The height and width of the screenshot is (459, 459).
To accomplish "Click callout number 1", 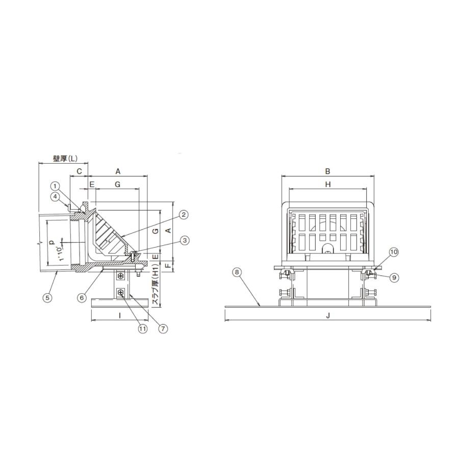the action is point(55,186).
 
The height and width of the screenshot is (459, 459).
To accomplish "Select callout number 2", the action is point(183,215).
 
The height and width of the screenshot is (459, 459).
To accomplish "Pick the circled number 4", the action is point(55,197).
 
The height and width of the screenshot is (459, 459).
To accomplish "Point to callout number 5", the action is point(47,298).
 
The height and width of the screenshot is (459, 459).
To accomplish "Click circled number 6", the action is point(82,298).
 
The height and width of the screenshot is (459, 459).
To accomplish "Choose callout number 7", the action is point(163,328).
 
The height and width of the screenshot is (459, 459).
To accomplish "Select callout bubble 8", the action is point(237,272).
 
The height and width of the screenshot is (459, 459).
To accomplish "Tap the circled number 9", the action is point(394,277).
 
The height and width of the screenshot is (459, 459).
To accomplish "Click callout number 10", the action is point(394,252).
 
